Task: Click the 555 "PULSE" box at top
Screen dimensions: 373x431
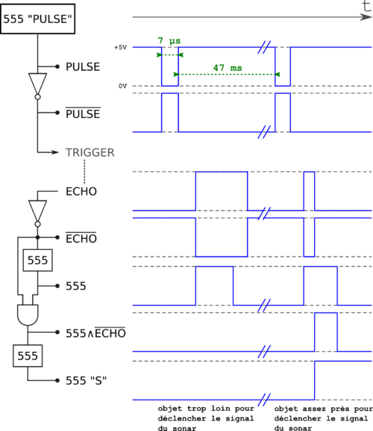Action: pos(38,19)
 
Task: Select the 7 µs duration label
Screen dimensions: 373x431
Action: pos(169,41)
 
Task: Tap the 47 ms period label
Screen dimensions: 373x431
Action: pos(228,68)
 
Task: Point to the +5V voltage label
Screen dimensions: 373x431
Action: pos(121,47)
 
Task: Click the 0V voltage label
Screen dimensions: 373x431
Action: pos(122,86)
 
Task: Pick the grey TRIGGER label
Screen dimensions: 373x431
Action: pos(90,153)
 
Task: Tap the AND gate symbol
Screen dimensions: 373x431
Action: pos(28,315)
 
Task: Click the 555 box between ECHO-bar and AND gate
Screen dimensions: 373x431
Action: pos(38,260)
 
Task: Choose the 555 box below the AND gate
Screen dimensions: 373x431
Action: pos(28,356)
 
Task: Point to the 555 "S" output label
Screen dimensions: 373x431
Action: pos(86,381)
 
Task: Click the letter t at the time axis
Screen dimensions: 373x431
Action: pos(367,6)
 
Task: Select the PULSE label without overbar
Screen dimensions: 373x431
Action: pos(83,67)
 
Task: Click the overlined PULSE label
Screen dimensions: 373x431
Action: pos(83,113)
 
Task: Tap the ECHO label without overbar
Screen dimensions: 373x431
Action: pos(81,192)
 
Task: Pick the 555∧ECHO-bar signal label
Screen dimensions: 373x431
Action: pos(95,333)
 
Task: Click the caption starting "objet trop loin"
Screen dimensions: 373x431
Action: pos(206,418)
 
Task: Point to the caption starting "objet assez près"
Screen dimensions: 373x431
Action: pos(323,418)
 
